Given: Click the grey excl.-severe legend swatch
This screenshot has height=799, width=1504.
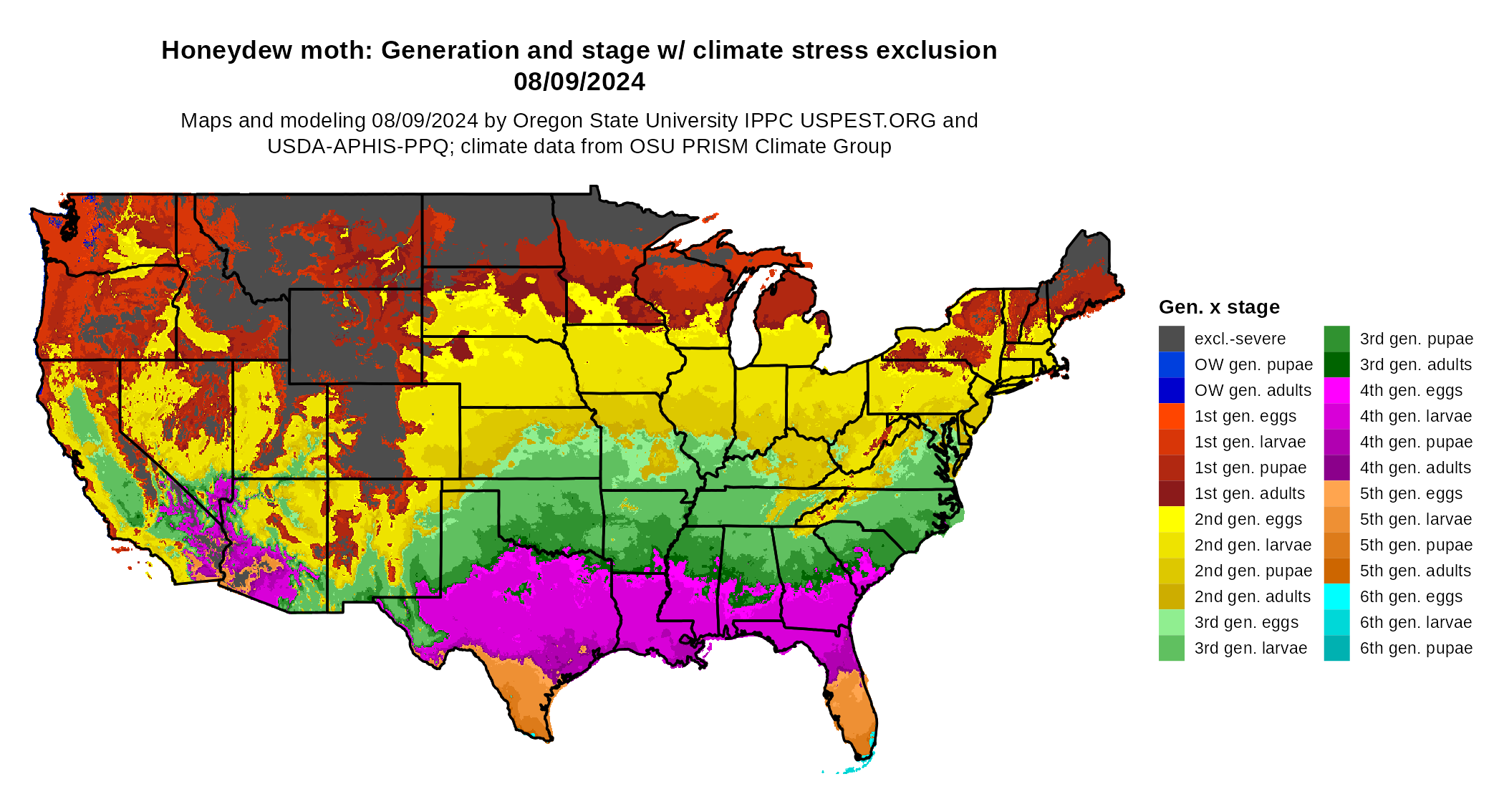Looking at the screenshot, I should tap(1171, 339).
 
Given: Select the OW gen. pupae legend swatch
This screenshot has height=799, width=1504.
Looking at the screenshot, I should tap(1171, 364).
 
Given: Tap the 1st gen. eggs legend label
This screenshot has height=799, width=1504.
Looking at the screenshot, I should tap(1245, 416).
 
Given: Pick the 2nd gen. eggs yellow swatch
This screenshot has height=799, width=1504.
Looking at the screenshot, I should tap(1171, 519).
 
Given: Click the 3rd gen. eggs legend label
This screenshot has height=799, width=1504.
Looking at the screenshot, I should tap(1246, 622).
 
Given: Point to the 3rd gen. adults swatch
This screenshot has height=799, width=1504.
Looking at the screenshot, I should tap(1336, 364).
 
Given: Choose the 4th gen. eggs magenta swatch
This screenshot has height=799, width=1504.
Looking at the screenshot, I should tap(1336, 390).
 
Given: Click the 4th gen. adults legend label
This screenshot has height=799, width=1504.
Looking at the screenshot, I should tap(1415, 468).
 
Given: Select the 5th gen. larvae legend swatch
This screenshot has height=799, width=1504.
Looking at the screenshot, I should tap(1336, 519).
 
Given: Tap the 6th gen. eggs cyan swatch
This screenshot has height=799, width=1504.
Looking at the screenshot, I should tap(1336, 596).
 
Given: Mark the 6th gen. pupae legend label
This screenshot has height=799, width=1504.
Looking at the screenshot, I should tap(1416, 648).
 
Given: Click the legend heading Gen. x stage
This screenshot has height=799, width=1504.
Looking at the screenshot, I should tap(1219, 307).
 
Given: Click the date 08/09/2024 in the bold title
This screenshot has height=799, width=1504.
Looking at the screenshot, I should tap(579, 82).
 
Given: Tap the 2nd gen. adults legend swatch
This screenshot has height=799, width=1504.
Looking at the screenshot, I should tap(1171, 596).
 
